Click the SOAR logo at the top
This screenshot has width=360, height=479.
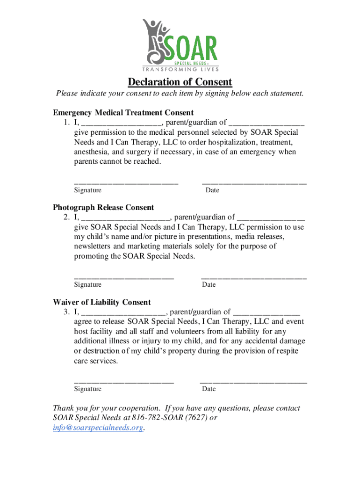[x=180, y=42]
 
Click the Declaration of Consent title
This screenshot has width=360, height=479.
[x=180, y=82]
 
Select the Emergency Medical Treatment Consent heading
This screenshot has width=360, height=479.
[x=123, y=113]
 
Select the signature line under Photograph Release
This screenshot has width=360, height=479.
[x=124, y=278]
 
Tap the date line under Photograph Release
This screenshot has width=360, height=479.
[x=254, y=278]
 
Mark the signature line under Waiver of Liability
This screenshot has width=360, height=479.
[x=124, y=382]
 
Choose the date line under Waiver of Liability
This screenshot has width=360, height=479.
[x=253, y=382]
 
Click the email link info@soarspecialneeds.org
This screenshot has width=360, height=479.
[x=98, y=428]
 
